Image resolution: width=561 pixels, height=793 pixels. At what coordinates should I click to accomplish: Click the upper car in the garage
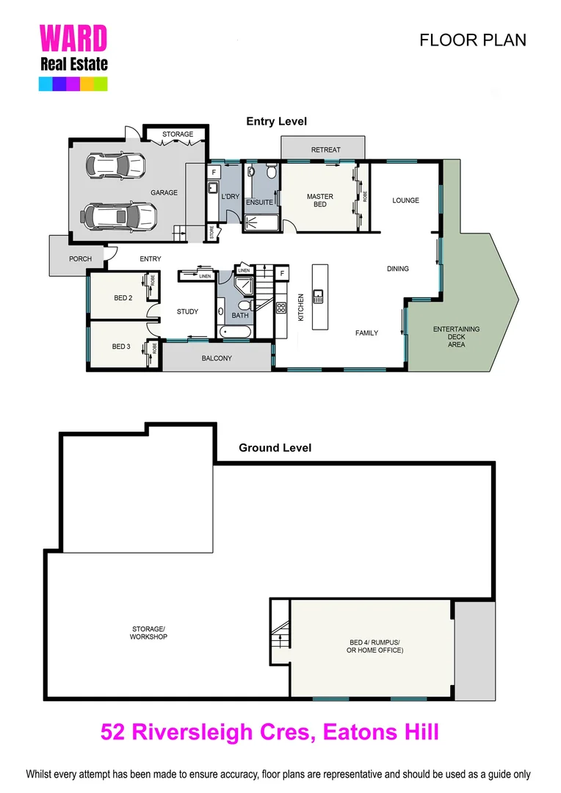[x=115, y=165]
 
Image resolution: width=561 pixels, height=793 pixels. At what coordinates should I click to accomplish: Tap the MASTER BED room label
[x=320, y=200]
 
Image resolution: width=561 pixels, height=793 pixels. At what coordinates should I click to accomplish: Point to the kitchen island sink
[x=319, y=296]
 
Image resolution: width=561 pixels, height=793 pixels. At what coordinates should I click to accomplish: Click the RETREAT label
[x=325, y=150]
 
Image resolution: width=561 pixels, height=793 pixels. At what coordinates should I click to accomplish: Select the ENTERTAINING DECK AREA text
[x=456, y=336]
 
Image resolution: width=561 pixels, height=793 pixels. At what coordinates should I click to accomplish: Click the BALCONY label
[x=217, y=358]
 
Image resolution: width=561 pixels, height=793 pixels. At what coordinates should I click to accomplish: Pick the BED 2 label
[x=123, y=298]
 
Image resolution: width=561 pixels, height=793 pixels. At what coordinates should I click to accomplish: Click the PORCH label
[x=80, y=258]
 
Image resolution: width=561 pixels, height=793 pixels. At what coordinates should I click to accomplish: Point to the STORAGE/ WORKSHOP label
[x=149, y=631]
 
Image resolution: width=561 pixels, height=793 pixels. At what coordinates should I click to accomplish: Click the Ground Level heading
[x=275, y=448]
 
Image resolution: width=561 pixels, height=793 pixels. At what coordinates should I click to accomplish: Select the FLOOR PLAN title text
[x=472, y=40]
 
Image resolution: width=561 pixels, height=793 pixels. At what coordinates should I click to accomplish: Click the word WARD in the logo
[x=73, y=39]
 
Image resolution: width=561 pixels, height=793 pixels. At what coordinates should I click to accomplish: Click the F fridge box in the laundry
[x=214, y=173]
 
